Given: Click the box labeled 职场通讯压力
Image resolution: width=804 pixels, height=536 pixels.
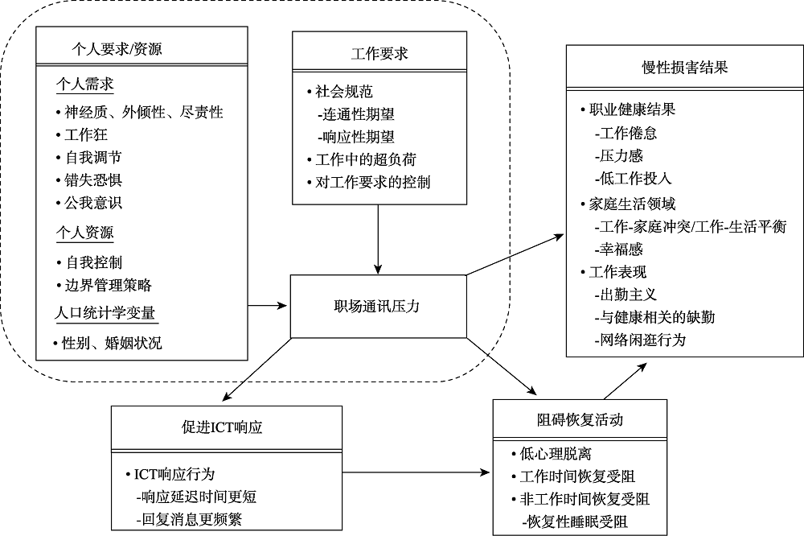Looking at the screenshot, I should (377, 306).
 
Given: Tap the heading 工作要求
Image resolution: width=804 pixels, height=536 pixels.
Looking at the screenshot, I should (379, 54).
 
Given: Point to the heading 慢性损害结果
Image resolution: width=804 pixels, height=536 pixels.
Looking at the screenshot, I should (685, 68).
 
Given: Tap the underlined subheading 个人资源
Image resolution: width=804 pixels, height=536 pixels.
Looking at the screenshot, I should (84, 233).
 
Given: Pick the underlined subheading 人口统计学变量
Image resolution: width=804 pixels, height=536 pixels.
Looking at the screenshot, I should (105, 313).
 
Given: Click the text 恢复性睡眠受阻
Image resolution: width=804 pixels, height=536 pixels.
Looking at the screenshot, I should (575, 522).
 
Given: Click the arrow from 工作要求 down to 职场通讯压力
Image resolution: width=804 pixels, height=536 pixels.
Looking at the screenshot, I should (378, 237).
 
